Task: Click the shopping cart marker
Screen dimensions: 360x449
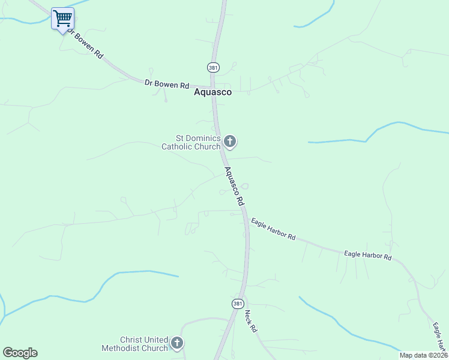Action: [x=62, y=18]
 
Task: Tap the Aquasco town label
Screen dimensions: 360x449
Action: [x=212, y=92]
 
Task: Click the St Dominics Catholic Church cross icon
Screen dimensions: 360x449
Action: [x=229, y=142]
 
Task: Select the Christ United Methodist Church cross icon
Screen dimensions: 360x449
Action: [x=176, y=343]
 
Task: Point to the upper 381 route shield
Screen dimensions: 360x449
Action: [x=213, y=68]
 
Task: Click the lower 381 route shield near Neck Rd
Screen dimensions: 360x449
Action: [x=238, y=304]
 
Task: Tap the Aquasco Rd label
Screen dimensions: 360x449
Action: [x=234, y=187]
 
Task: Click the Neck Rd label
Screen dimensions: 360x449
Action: [x=250, y=321]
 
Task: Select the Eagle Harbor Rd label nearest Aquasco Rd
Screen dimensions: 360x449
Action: [x=274, y=229]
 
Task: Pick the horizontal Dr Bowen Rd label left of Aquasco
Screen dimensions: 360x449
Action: [x=167, y=85]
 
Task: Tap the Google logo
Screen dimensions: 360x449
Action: [x=20, y=353]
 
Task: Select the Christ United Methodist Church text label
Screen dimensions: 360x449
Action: [x=143, y=344]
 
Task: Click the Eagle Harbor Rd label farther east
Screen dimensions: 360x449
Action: [x=368, y=255]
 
